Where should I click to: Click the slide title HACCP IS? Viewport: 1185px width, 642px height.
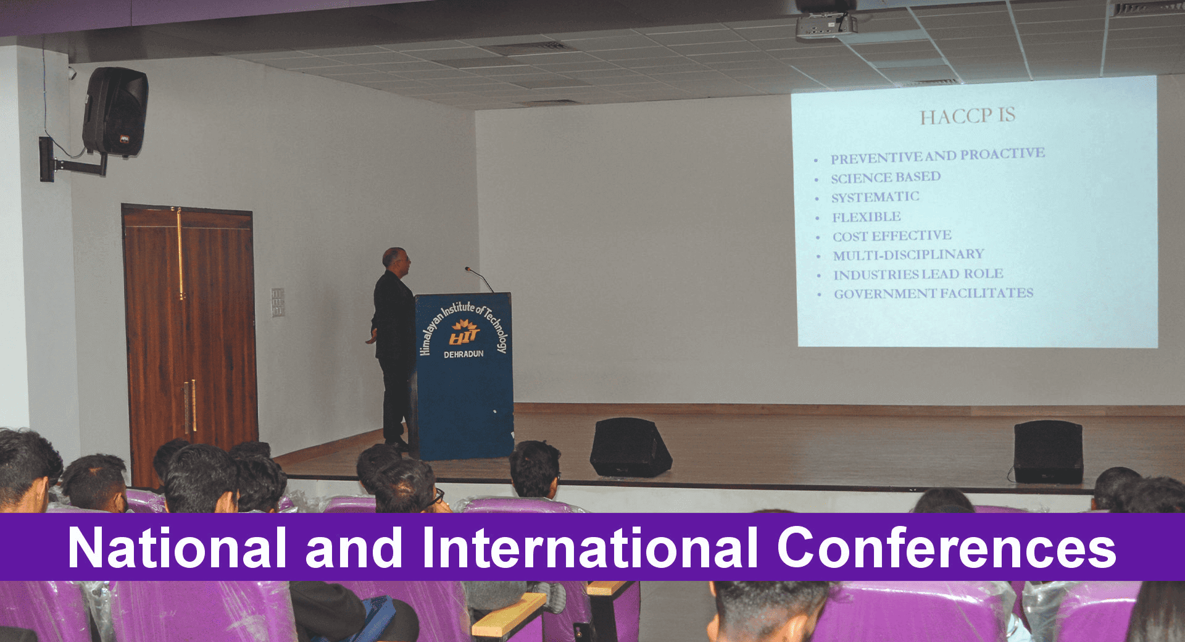coord(967,116)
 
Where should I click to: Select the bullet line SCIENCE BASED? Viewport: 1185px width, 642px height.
coord(886,178)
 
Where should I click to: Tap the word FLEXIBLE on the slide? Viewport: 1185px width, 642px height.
coord(867,217)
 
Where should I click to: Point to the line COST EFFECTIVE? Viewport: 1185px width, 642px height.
coord(892,236)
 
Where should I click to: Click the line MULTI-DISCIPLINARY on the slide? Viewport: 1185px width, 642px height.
coord(908,255)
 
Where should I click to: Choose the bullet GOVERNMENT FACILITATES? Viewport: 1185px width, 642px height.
coord(934,293)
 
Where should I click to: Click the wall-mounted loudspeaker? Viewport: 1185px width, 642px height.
coord(115,111)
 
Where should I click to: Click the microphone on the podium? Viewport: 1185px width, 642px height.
coord(479,279)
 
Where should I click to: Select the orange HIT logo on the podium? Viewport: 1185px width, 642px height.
coord(464,333)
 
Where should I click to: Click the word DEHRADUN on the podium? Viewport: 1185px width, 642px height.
coord(464,354)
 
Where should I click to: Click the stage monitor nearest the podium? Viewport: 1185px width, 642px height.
coord(630,447)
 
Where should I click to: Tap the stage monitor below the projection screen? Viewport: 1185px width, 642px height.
coord(1048,452)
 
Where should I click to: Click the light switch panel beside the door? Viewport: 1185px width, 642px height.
coord(278,302)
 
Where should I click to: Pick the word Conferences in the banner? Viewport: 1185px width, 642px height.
coord(946,548)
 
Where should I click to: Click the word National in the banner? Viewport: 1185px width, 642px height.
coord(178,548)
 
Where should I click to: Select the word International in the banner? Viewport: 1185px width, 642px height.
coord(590,548)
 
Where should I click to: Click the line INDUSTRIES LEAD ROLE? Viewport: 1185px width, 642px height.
coord(918,274)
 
